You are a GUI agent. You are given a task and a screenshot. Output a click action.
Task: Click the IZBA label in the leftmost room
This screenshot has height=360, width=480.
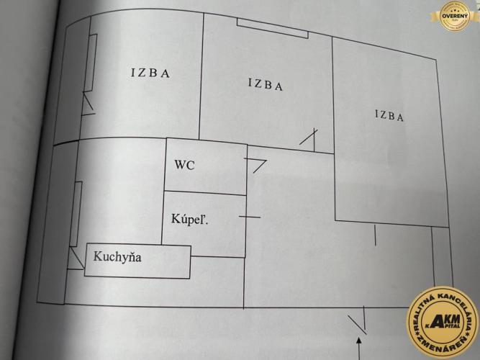[150, 73]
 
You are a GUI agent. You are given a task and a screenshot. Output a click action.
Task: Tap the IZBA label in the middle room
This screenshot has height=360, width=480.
[266, 84]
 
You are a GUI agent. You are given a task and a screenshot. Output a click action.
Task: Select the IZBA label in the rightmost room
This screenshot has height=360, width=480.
[389, 115]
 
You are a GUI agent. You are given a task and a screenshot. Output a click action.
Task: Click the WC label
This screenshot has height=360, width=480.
[185, 165]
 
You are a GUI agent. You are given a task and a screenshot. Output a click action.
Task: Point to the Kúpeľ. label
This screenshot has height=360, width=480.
[190, 219]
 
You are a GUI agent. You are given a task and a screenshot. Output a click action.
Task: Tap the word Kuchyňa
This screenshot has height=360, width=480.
[117, 256]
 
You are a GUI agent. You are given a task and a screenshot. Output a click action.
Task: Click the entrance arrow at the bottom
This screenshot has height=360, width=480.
[360, 348]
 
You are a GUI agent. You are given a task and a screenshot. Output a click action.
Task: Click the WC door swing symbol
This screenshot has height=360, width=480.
[255, 166]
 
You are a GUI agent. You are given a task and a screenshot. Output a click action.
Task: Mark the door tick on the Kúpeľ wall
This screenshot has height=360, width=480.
[250, 217]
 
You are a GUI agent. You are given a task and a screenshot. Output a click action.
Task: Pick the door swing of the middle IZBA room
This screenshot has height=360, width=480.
[309, 140]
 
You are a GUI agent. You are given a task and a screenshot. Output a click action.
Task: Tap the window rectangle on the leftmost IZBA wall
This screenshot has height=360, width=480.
[91, 63]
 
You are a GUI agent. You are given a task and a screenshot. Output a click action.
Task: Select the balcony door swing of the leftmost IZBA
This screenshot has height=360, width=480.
[89, 104]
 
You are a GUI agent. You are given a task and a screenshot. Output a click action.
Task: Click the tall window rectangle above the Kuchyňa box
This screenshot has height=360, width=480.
[76, 214]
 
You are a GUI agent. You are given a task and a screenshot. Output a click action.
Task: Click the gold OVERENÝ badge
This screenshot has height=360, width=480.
[455, 16]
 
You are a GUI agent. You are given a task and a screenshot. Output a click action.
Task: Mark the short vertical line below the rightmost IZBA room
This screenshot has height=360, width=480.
[375, 235]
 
